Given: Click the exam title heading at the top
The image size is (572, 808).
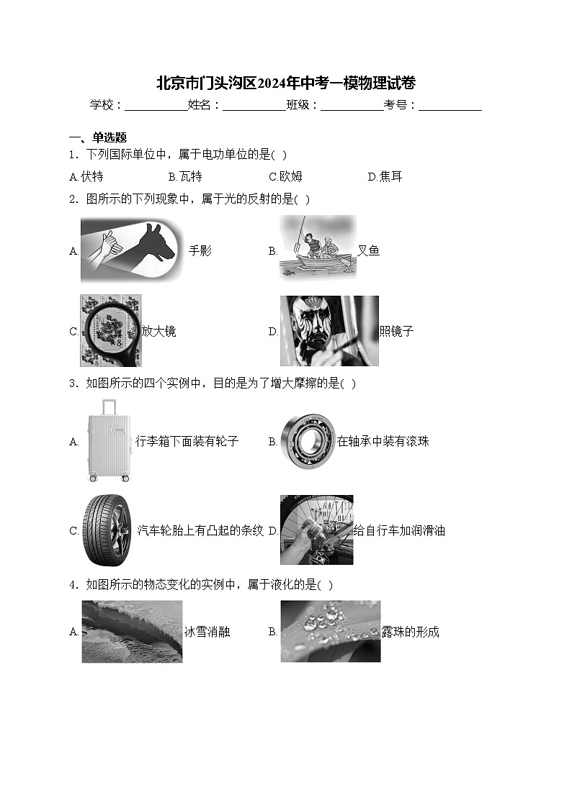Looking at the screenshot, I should click(286, 83).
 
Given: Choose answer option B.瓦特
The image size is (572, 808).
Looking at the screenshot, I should click(185, 176).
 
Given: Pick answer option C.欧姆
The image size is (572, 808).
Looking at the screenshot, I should click(285, 176).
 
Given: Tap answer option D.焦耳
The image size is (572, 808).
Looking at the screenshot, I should click(385, 176).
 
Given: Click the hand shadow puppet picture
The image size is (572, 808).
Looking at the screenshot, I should click(132, 250).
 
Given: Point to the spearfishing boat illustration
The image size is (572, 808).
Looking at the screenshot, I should click(318, 247).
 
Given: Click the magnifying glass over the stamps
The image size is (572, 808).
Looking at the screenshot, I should click(110, 331).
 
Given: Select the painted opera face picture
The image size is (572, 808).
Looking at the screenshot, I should click(329, 331).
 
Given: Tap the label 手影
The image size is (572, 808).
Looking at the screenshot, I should click(200, 250).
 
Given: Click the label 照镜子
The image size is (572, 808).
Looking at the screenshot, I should click(397, 332).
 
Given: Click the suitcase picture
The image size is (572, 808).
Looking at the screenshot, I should click(109, 440).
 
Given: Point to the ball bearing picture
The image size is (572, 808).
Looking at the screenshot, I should click(308, 440).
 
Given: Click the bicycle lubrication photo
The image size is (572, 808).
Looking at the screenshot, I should click(316, 530).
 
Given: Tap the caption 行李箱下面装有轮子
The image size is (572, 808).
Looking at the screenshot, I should click(187, 441).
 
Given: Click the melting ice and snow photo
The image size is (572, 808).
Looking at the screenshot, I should click(131, 631).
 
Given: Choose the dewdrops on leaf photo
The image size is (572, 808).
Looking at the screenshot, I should click(330, 631).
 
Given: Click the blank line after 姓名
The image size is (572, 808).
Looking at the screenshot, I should click(254, 106).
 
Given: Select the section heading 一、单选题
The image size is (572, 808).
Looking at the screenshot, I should click(98, 137).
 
